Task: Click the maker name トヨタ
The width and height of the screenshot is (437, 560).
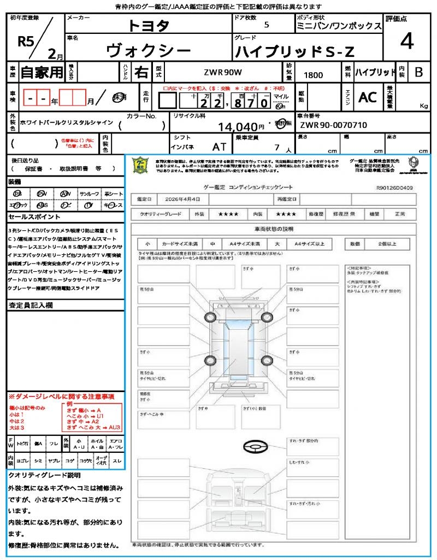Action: [x=149, y=25]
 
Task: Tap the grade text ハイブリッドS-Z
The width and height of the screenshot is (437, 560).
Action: [x=295, y=51]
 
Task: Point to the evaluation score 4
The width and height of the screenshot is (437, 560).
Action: [x=406, y=41]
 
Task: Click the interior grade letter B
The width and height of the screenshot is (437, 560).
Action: [x=418, y=72]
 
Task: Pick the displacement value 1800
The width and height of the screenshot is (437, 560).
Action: [x=313, y=75]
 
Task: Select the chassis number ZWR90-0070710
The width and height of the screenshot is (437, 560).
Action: [x=333, y=125]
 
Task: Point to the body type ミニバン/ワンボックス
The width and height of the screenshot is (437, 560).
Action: [x=339, y=26]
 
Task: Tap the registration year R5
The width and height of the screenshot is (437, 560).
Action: [x=26, y=42]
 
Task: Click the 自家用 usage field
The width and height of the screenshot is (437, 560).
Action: [x=42, y=72]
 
